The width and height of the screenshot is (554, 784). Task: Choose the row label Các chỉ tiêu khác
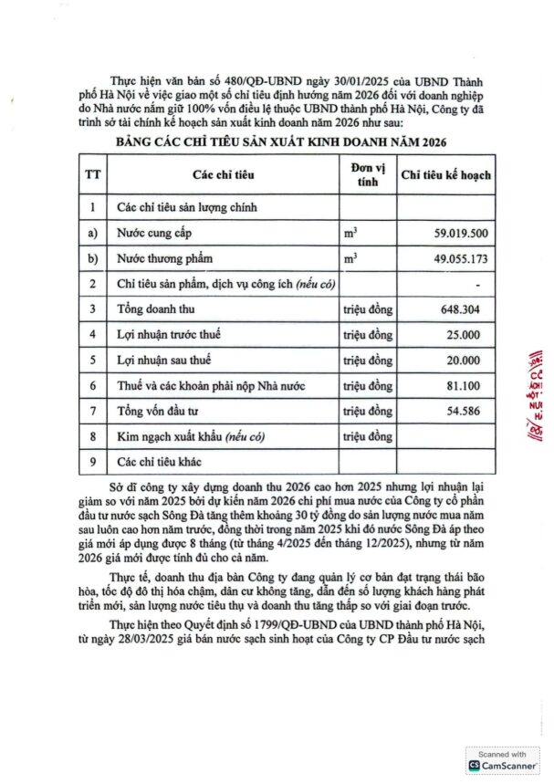(160, 463)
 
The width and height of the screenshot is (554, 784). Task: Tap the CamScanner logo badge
(502, 761)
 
